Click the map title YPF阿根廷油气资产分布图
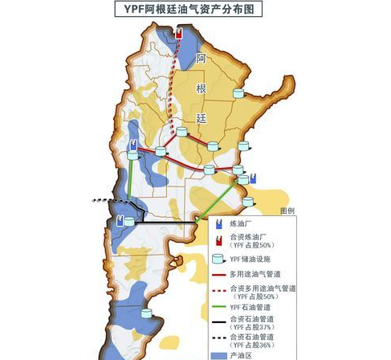pos(194,9)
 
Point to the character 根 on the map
pos(202,88)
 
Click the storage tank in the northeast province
pos(238,94)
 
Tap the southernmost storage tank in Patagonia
pos(147,314)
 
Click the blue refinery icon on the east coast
pos(253,178)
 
